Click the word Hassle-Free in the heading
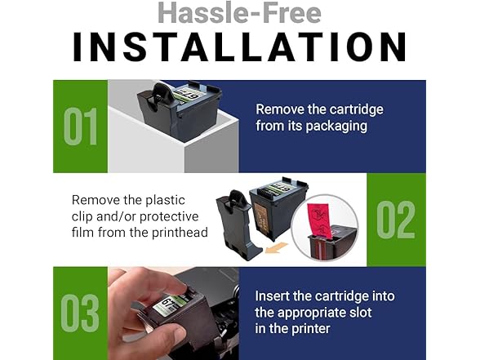click(x=240, y=13)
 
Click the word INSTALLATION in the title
click(x=240, y=47)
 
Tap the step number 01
click(x=81, y=126)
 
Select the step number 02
click(x=396, y=220)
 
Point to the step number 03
click(x=80, y=313)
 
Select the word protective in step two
click(x=169, y=216)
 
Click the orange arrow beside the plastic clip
click(x=276, y=247)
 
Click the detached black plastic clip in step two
click(x=237, y=225)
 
